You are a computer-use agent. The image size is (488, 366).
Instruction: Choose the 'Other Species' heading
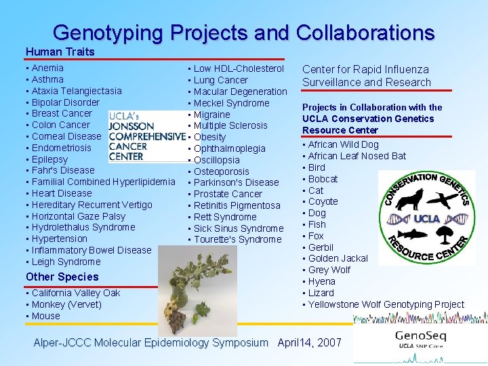pos(62,277)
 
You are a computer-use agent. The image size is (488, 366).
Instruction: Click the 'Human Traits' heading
pos(60,52)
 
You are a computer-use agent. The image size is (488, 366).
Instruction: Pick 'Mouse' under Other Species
pos(45,316)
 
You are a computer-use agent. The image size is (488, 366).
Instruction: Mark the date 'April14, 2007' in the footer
pos(309,342)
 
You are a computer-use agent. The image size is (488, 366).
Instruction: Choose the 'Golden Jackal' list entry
pos(338,258)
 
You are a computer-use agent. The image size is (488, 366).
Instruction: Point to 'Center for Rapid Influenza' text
pos(365,69)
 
